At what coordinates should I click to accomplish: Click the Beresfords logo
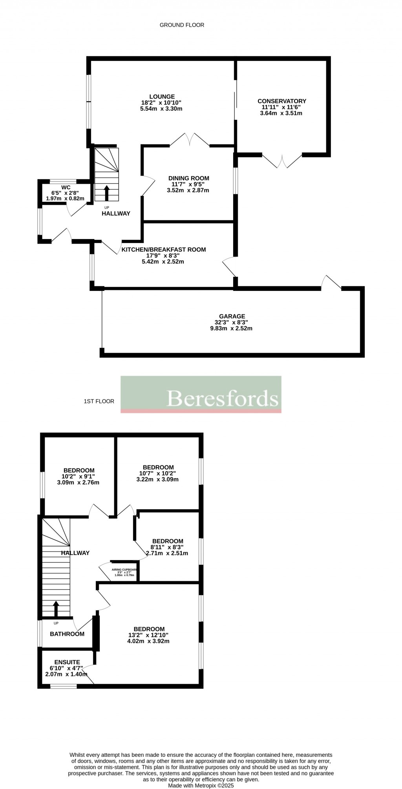201,394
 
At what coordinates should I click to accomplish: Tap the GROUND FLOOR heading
182,25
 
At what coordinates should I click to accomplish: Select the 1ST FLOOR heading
99,401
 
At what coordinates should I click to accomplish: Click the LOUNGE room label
162,97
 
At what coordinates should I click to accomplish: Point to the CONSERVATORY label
281,101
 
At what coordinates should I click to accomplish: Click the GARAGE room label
232,316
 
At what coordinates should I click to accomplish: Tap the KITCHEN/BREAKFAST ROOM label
163,250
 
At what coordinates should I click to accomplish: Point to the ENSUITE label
67,662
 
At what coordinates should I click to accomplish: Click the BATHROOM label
67,634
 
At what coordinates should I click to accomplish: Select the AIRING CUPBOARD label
124,569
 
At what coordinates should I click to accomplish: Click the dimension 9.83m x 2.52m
231,328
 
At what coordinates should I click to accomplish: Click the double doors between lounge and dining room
189,140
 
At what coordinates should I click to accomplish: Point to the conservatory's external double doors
282,161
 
